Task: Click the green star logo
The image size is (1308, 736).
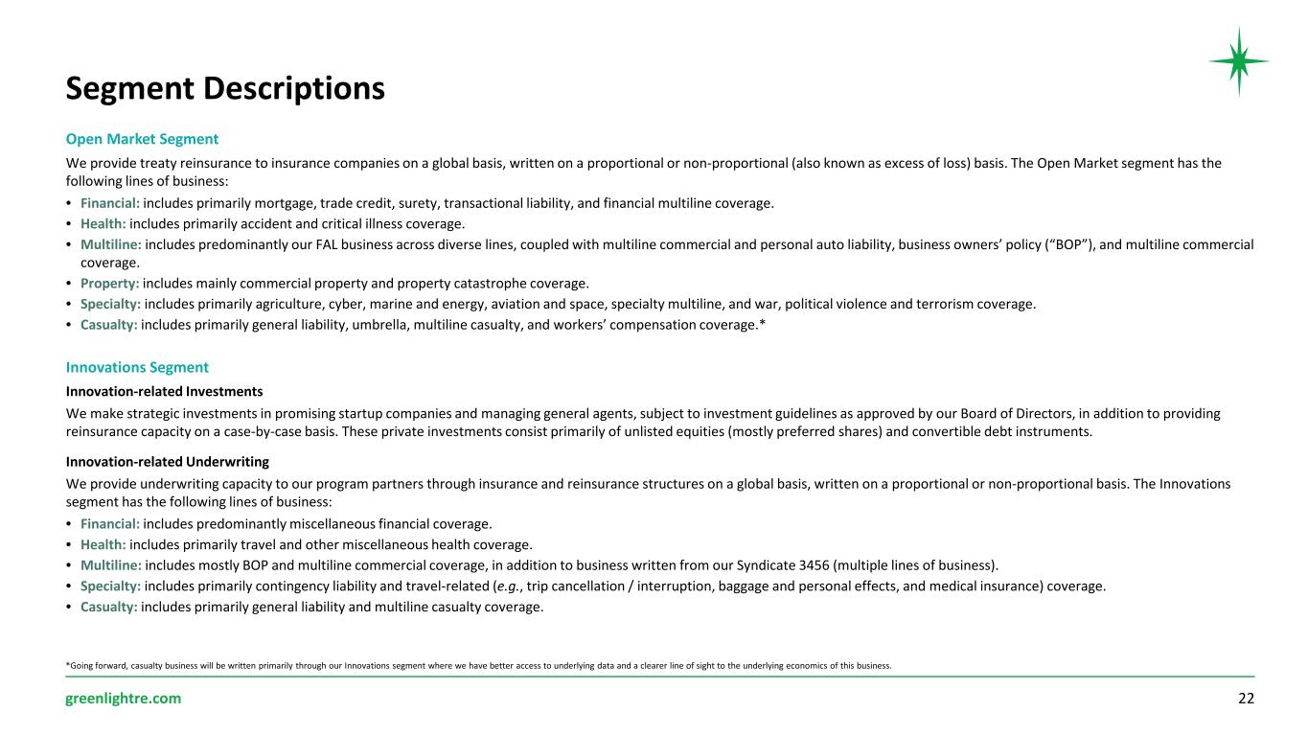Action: click(x=1238, y=61)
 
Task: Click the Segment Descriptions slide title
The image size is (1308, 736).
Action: click(x=225, y=88)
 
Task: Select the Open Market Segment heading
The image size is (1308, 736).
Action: click(x=142, y=139)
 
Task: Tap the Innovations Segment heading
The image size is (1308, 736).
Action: click(x=137, y=367)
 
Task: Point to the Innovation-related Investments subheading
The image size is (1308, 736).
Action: click(x=164, y=391)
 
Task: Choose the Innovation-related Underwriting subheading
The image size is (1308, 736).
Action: click(x=167, y=461)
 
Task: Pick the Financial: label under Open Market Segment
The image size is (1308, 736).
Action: click(x=110, y=203)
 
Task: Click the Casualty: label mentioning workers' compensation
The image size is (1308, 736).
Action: click(x=108, y=325)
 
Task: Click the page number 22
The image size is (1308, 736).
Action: click(x=1246, y=699)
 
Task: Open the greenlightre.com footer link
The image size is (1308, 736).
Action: click(x=123, y=699)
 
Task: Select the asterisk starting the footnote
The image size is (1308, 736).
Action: click(x=67, y=665)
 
